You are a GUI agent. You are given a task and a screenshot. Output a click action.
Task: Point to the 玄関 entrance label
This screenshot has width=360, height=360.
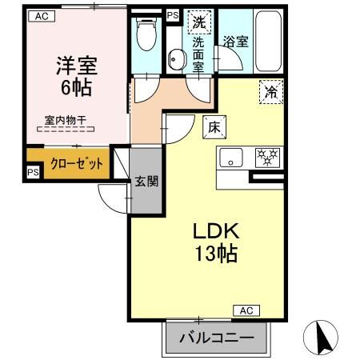tap(145, 182)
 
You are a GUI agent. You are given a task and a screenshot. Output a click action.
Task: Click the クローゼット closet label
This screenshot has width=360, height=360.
tap(77, 163)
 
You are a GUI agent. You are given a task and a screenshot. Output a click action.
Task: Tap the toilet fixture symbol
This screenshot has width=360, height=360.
tap(146, 37)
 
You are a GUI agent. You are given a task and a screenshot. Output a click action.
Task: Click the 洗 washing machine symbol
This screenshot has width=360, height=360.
tap(198, 22)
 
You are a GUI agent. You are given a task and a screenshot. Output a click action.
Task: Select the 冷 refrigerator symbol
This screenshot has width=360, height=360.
tap(271, 92)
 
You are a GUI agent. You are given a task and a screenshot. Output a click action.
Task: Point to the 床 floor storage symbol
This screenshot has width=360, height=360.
tap(214, 126)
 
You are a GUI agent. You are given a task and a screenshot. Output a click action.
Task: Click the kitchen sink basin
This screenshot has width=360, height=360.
tap(232, 158)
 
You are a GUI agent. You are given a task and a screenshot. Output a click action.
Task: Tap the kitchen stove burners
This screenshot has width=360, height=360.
tap(266, 158)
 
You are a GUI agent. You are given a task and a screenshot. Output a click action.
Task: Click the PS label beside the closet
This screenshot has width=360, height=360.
tap(32, 172)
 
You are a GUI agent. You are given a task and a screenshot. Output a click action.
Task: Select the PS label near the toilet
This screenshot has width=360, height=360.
tap(173, 14)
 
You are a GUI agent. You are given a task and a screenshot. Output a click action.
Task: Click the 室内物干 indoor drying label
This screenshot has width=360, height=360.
tap(66, 120)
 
